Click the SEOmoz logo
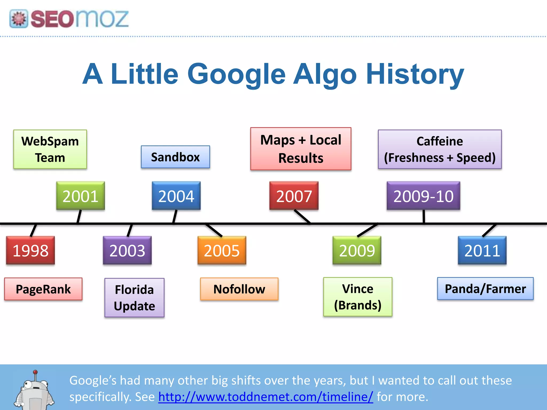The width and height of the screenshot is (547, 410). coord(69,19)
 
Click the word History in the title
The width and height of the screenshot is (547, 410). coord(415,74)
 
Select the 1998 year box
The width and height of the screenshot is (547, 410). coord(30,250)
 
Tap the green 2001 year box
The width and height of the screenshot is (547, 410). coord(80,196)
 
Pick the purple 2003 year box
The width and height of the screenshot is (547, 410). coord(127,250)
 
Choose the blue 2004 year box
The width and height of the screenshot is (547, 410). coord(176,196)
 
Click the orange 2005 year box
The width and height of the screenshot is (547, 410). coord(222,250)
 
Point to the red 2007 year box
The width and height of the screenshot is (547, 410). coord(294,196)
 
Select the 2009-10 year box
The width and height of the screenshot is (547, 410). coord(423,196)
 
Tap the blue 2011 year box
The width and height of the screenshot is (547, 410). coord(482,250)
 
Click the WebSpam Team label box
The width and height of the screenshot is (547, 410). coord(50,149)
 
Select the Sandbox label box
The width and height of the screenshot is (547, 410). coord(175,157)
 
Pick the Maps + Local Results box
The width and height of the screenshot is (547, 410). coord(301,149)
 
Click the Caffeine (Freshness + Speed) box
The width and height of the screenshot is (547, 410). coord(440,149)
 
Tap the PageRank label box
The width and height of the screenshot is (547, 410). coord(43,289)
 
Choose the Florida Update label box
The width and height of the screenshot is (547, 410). coord(134,298)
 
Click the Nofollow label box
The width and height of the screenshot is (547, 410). coord(239,289)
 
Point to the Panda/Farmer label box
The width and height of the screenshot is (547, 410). coord(485,289)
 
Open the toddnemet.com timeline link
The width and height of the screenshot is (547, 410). coord(265,397)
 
